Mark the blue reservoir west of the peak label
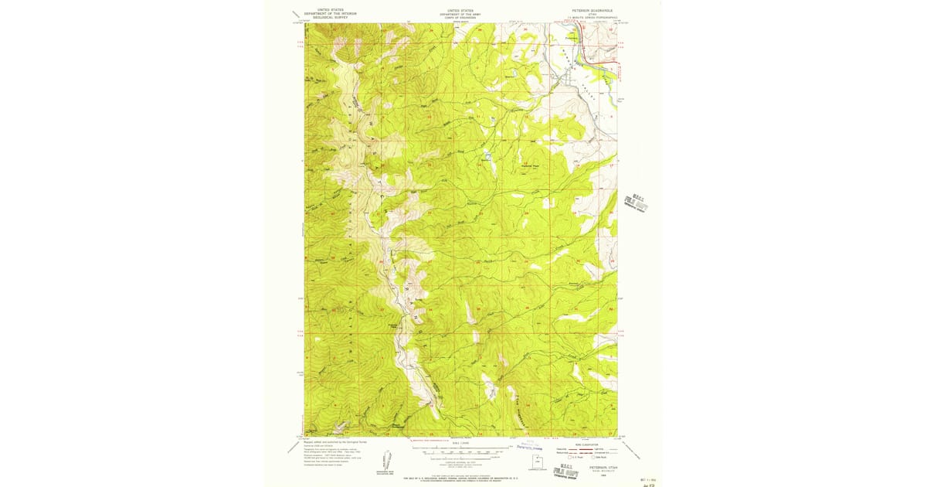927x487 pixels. coord(487,156)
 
